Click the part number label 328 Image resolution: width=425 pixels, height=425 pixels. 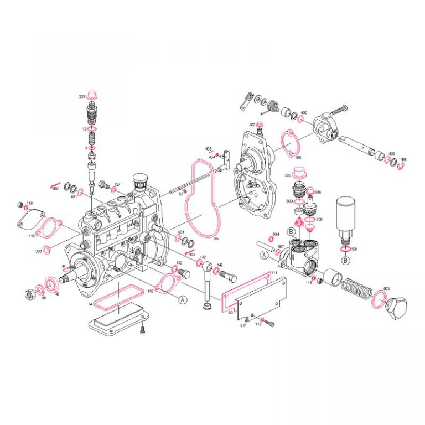click(82, 96)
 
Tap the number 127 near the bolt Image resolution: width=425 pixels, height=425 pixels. click(117, 184)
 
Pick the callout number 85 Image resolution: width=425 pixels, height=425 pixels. click(216, 239)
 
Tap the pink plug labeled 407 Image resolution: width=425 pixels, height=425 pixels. click(260, 125)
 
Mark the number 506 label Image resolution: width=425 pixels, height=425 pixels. click(318, 192)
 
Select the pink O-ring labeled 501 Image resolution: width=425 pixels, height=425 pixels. click(345, 249)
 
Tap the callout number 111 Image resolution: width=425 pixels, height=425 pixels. click(274, 273)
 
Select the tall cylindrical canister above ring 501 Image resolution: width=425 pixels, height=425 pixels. click(347, 212)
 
